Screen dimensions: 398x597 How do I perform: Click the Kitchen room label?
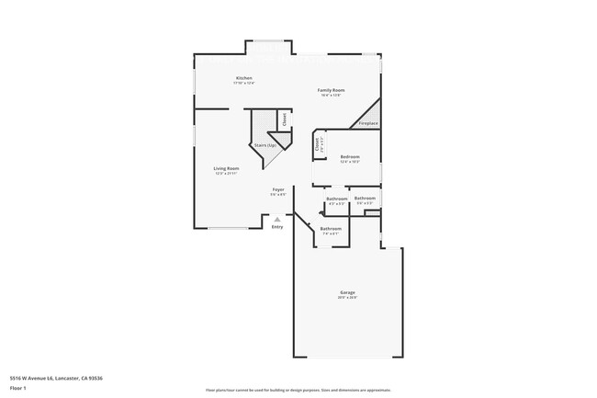click(x=244, y=78)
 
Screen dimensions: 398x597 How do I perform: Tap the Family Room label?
click(x=331, y=89)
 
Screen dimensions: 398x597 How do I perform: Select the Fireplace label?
click(x=368, y=122)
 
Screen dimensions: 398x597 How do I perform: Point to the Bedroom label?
click(x=350, y=157)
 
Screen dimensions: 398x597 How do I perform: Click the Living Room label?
click(x=227, y=168)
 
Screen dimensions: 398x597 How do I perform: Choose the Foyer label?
click(x=277, y=189)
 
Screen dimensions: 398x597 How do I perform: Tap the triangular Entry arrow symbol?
click(x=278, y=219)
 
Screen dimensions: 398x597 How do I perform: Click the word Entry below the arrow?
click(x=277, y=227)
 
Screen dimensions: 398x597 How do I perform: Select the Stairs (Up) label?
click(x=265, y=145)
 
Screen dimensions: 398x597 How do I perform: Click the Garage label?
click(x=347, y=292)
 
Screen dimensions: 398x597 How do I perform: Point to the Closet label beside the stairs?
click(x=285, y=119)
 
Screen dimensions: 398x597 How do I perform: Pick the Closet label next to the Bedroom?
click(x=318, y=143)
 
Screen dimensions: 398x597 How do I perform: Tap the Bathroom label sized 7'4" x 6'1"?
click(x=331, y=228)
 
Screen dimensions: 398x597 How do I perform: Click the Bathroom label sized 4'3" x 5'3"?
click(x=337, y=199)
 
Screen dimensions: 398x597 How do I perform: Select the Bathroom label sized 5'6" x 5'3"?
click(x=366, y=198)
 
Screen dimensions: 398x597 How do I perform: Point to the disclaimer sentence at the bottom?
click(x=298, y=390)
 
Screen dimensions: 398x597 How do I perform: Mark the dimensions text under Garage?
click(x=347, y=298)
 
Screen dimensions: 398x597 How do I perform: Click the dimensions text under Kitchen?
click(x=244, y=84)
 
